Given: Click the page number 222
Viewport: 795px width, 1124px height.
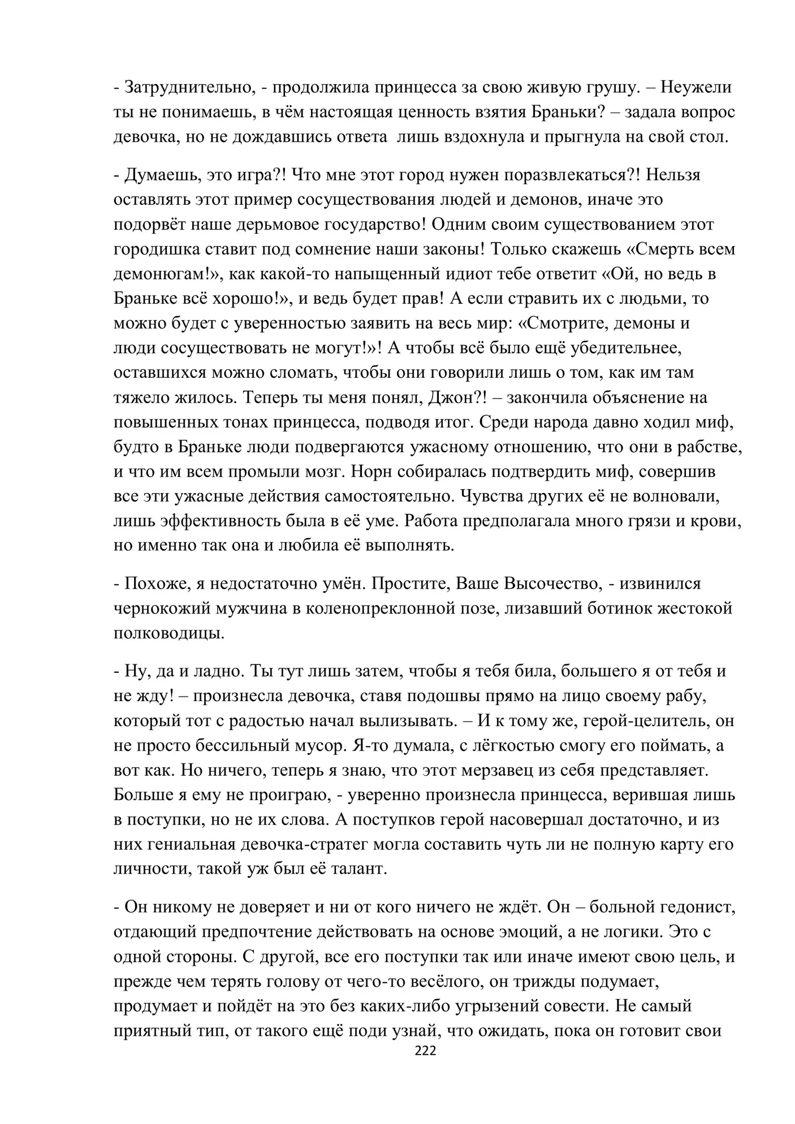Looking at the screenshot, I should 425,1050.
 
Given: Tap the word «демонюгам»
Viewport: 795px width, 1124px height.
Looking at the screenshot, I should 162,274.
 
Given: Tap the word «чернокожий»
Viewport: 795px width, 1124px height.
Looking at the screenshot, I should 161,608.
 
